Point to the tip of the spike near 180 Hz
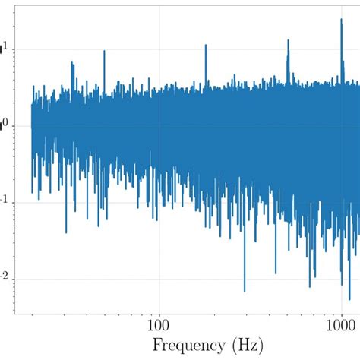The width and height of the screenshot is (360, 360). click(x=205, y=45)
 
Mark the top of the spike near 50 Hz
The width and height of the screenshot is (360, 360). click(x=104, y=51)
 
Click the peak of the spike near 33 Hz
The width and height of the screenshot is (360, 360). click(x=72, y=62)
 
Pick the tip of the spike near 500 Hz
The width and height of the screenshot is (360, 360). click(x=288, y=39)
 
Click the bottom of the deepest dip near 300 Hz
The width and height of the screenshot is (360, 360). click(x=244, y=291)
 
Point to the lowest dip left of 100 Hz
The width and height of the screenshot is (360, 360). click(x=66, y=232)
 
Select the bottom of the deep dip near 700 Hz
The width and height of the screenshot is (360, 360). click(x=310, y=286)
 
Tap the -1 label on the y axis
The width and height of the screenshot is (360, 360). click(x=6, y=202)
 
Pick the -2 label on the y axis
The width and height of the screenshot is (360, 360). click(x=6, y=279)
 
